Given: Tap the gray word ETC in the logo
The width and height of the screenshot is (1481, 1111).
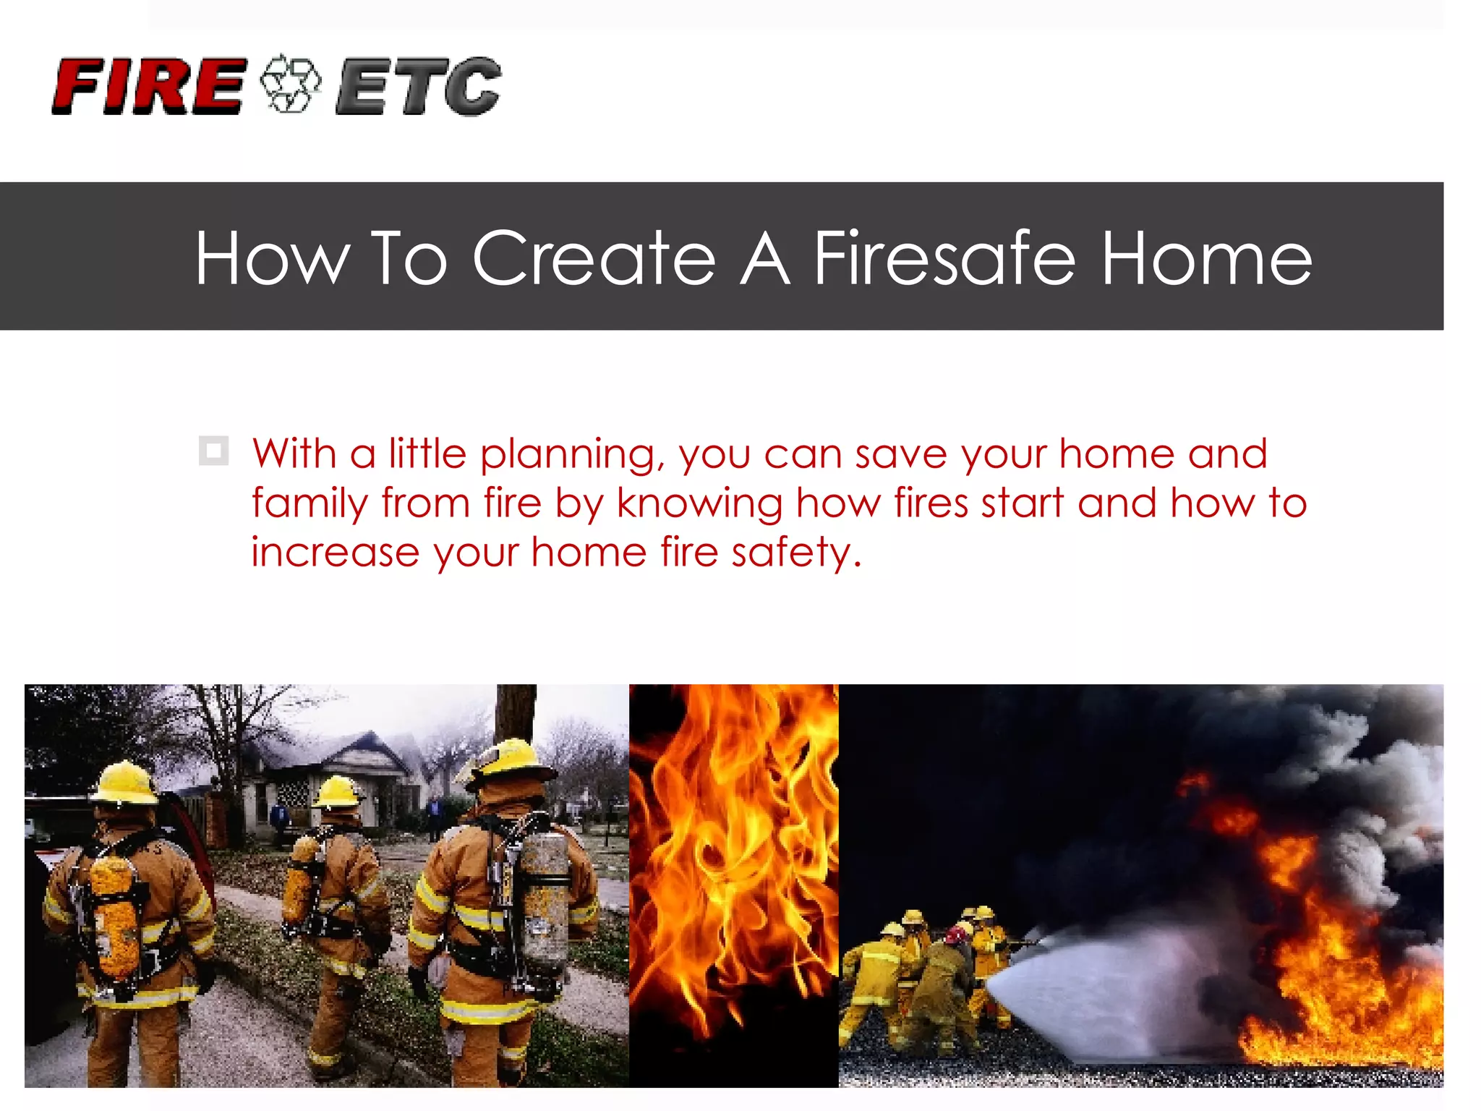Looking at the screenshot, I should (418, 87).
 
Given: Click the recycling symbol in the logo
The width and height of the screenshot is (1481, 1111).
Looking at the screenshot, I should (290, 84).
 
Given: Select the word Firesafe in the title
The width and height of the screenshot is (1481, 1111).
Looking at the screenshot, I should (944, 258).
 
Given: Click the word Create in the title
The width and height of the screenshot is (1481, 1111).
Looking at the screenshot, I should (594, 258).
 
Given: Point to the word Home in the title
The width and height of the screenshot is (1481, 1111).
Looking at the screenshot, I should (1206, 258).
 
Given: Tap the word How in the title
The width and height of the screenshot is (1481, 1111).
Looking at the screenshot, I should (273, 258).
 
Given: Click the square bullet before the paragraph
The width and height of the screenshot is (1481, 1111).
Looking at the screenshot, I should (213, 451).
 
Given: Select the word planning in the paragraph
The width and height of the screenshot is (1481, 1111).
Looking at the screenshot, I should (571, 455).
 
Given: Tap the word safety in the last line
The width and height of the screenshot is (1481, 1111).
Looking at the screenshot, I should (795, 553).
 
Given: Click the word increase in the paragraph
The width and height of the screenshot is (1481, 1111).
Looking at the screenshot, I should (336, 553).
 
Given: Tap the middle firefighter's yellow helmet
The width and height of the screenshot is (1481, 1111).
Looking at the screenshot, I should (338, 793).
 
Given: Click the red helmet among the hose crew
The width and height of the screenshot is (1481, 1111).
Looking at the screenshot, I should (955, 935).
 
